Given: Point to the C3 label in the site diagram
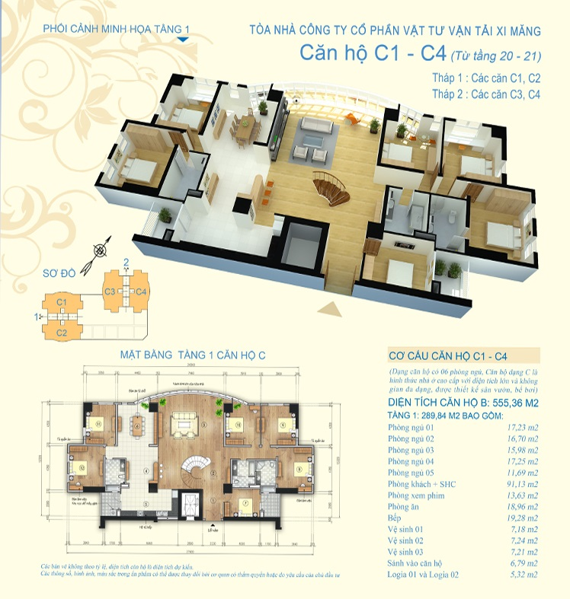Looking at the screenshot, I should click(110, 292).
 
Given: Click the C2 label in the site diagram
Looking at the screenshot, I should click(62, 333).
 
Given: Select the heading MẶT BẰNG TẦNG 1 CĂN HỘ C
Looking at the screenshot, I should click(193, 355).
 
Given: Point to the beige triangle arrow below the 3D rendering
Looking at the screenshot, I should click(333, 308).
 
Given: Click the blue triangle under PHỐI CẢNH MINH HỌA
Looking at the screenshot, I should click(182, 37).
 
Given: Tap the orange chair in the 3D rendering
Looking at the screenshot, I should click(349, 115).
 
